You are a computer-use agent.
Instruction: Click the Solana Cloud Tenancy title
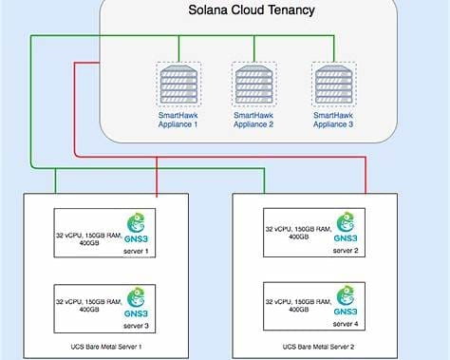coord(252,11)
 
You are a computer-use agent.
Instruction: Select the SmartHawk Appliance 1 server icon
coord(177,85)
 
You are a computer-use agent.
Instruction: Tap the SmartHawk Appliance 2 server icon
coord(253,85)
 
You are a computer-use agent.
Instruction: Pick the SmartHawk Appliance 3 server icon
coord(332,85)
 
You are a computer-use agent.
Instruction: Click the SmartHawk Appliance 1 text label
coord(177,120)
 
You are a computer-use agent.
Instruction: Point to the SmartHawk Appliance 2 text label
coord(253,120)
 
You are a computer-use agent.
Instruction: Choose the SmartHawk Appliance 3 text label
coord(332,120)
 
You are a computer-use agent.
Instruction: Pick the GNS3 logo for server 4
coord(346,302)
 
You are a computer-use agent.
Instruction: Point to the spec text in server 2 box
coord(297,232)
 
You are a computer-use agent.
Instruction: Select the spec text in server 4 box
coord(297,305)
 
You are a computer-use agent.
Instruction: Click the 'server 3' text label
coord(140,325)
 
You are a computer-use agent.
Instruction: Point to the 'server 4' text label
coord(345,326)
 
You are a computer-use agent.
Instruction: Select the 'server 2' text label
coord(345,252)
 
